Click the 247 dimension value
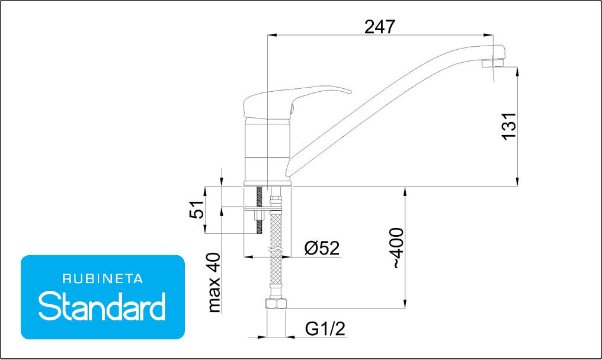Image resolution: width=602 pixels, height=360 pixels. pyautogui.click(x=379, y=27)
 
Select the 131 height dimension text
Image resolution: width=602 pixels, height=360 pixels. pyautogui.click(x=510, y=126)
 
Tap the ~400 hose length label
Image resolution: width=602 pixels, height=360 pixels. pyautogui.click(x=397, y=248)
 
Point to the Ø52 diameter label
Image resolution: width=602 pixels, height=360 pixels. pyautogui.click(x=322, y=248)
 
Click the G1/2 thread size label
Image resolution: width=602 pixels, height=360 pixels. pyautogui.click(x=325, y=329)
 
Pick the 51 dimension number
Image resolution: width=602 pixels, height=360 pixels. pyautogui.click(x=197, y=209)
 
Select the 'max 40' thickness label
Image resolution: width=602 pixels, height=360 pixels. pyautogui.click(x=214, y=282)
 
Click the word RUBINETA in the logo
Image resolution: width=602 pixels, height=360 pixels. pyautogui.click(x=103, y=279)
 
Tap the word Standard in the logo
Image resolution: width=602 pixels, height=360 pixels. pyautogui.click(x=102, y=306)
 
